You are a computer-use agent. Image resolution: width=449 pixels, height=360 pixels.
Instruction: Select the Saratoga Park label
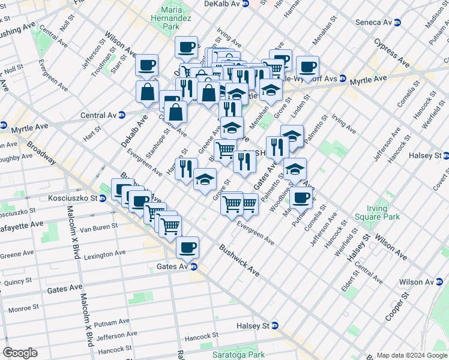click(238, 355)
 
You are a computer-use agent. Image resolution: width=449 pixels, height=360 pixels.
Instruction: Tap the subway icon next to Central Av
click(122, 115)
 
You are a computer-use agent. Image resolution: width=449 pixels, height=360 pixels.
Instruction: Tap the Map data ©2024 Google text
click(411, 355)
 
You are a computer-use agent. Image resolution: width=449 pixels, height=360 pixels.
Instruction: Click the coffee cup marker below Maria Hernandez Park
click(186, 46)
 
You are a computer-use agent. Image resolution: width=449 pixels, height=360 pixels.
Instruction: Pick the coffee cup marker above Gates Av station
click(187, 246)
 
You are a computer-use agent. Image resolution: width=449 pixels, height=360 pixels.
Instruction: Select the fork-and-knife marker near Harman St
click(186, 168)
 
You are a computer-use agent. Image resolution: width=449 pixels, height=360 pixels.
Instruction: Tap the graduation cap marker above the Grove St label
click(205, 178)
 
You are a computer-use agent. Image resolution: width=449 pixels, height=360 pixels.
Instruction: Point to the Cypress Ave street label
click(391, 53)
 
